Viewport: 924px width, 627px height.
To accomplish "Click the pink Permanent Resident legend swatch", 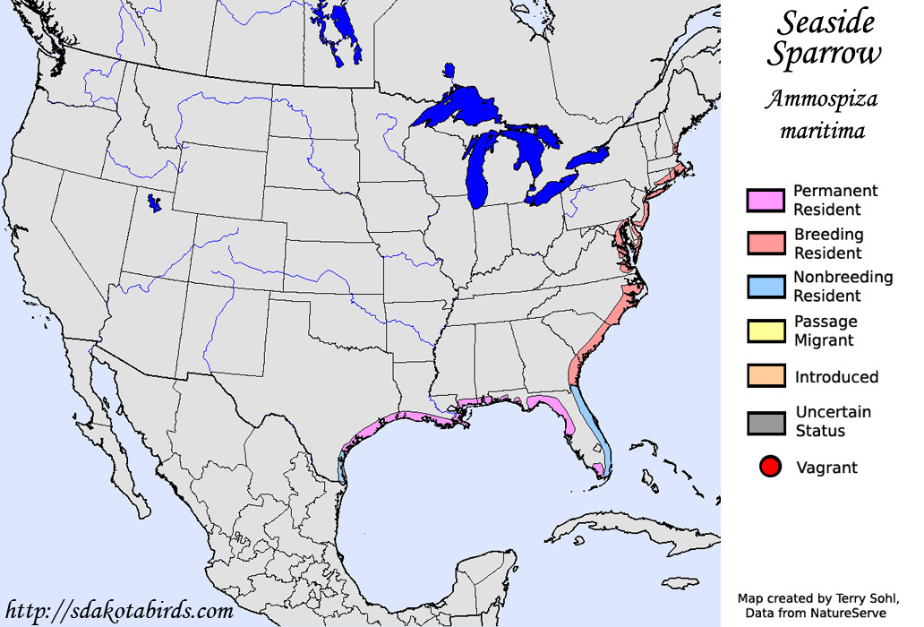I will point(766,200).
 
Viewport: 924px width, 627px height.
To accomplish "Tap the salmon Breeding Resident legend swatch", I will point(766,244).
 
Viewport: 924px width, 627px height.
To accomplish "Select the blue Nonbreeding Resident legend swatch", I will point(766,287).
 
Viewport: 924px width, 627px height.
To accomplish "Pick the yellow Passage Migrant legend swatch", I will point(766,331).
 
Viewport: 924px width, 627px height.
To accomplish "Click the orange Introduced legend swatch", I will point(766,376).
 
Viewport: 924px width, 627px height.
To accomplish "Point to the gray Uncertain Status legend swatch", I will point(766,422).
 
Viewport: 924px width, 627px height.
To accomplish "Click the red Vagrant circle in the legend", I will point(770,467).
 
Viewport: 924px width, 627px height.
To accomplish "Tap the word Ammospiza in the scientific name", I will point(821,99).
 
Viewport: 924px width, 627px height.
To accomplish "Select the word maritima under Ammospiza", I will point(822,131).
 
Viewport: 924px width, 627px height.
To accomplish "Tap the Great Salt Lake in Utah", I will point(156,204).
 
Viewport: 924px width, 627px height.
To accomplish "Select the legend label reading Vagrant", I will point(826,468).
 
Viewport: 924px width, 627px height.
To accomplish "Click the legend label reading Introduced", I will point(836,377).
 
